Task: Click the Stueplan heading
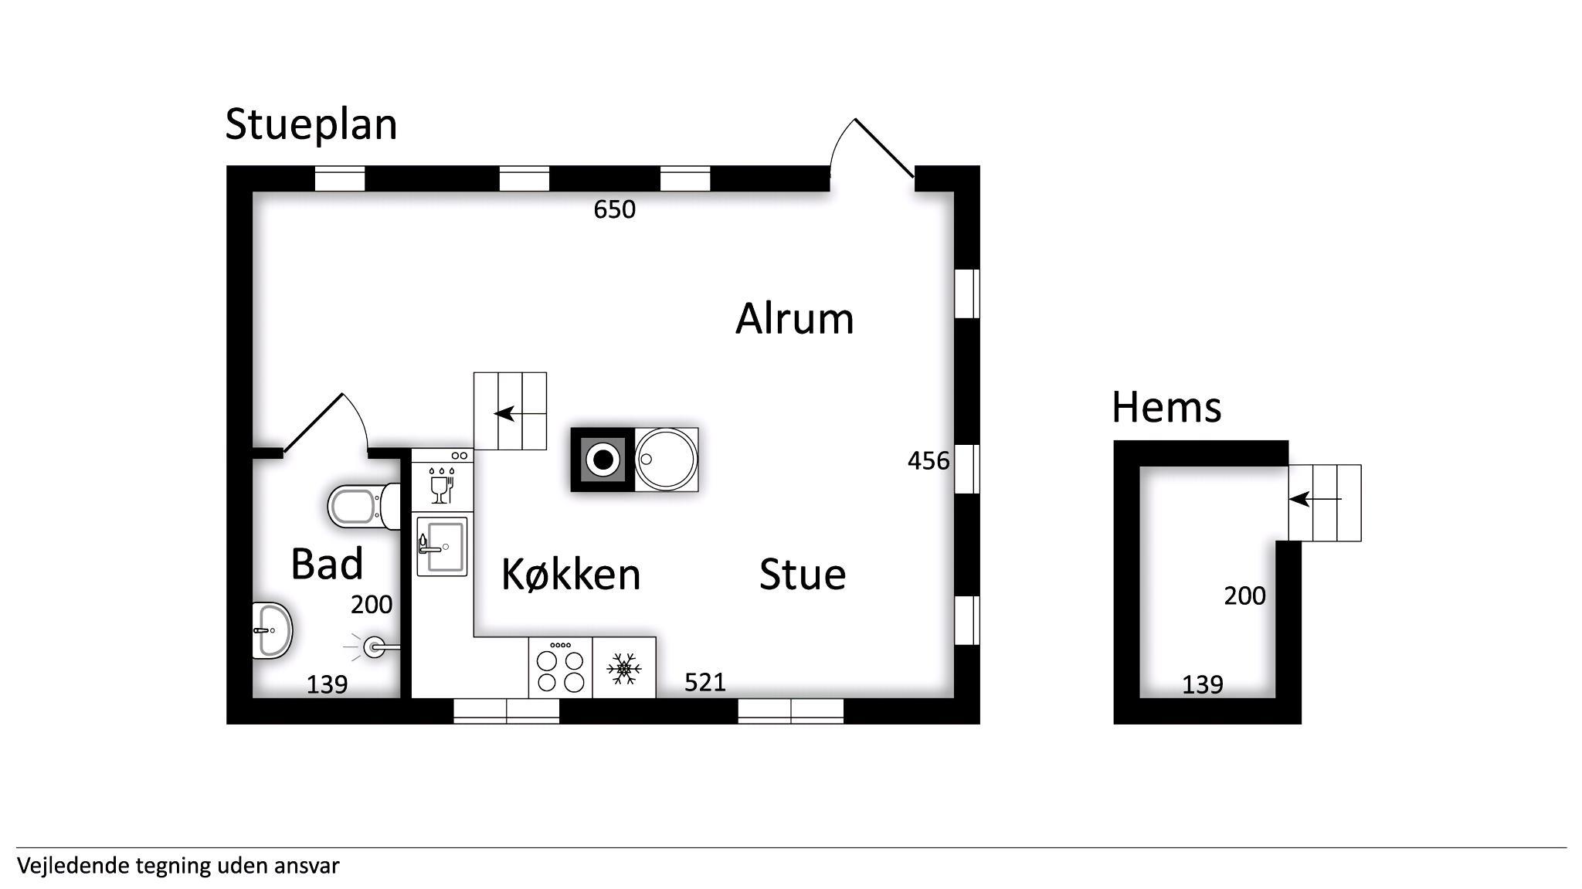[311, 125]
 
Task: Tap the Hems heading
[1166, 407]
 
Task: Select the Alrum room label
[794, 318]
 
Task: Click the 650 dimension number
[614, 209]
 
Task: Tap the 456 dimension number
[928, 460]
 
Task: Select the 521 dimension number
[704, 682]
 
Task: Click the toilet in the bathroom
[365, 507]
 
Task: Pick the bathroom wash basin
[273, 630]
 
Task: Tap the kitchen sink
[441, 547]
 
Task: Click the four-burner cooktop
[561, 667]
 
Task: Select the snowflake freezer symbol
[624, 668]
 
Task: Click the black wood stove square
[603, 460]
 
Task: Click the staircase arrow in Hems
[1315, 499]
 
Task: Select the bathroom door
[313, 423]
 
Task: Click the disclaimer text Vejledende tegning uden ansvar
[178, 865]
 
